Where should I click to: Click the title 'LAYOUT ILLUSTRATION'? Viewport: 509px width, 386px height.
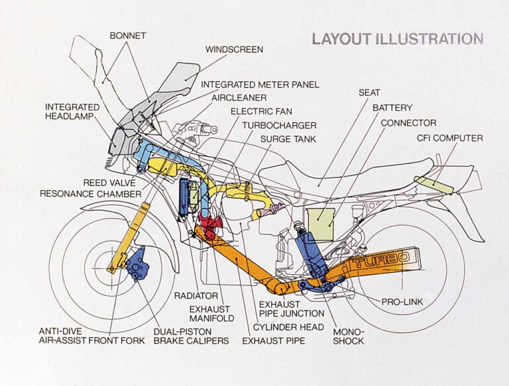[x=398, y=38]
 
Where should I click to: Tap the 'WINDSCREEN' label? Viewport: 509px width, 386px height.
[x=234, y=50]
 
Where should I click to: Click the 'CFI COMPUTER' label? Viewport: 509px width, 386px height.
[x=449, y=138]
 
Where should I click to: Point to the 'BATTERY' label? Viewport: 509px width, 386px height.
[x=392, y=107]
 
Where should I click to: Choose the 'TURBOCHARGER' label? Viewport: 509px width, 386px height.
[x=279, y=125]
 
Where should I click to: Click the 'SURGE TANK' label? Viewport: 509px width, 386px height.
[x=288, y=140]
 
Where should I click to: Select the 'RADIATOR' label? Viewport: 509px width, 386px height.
[x=196, y=296]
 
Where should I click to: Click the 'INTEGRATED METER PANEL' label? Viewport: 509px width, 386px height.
[x=260, y=85]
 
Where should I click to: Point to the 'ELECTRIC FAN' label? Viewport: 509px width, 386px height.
[x=261, y=111]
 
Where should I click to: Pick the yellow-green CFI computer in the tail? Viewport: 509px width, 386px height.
[x=433, y=185]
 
